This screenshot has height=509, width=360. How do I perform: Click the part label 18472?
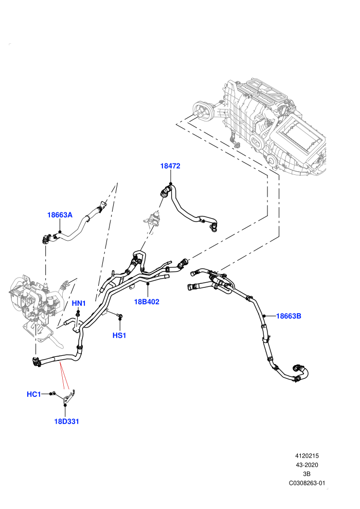[170, 166]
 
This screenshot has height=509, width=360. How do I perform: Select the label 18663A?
[60, 215]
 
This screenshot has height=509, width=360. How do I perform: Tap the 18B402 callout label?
[147, 302]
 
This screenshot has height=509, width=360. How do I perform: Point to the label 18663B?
[289, 316]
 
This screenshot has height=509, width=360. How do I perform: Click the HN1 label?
[79, 303]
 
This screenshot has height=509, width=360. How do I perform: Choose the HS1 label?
[119, 335]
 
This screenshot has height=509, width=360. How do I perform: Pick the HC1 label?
[34, 394]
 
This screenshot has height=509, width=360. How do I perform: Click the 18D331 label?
[66, 422]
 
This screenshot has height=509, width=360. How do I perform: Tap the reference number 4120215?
[307, 456]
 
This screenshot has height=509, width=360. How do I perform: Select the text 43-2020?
[307, 465]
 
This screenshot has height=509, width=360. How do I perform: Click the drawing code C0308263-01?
[307, 483]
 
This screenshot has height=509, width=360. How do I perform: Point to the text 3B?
[307, 474]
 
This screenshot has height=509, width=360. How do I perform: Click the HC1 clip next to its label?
[53, 393]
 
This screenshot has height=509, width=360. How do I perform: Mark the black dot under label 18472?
[170, 184]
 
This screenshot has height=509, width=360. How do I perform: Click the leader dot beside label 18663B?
[264, 316]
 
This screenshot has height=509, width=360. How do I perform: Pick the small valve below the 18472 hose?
[154, 219]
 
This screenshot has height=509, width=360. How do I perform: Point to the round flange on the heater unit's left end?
[202, 112]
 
